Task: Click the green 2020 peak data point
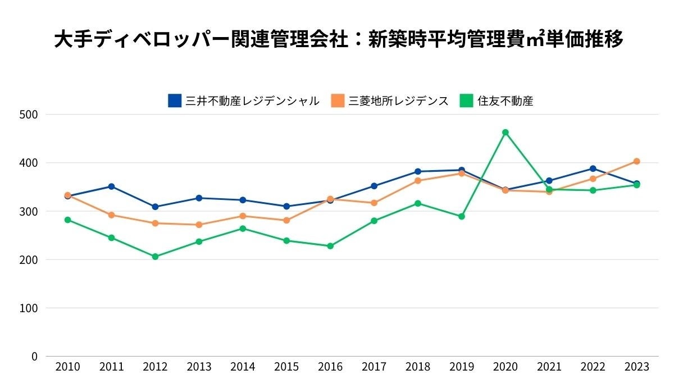click(505, 133)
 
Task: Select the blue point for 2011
click(111, 186)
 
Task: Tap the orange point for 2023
click(636, 161)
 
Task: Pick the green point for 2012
click(155, 257)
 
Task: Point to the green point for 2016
click(330, 246)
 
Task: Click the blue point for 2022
click(593, 168)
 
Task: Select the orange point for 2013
click(199, 225)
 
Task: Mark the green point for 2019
click(462, 216)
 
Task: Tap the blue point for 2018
click(418, 171)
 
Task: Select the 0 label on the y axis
click(34, 357)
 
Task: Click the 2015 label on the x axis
click(286, 367)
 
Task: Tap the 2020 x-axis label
click(505, 367)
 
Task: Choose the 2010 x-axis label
click(67, 367)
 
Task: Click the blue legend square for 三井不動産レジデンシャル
click(175, 101)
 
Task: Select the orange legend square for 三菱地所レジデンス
click(338, 101)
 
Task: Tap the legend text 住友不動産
click(505, 101)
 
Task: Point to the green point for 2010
click(67, 220)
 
